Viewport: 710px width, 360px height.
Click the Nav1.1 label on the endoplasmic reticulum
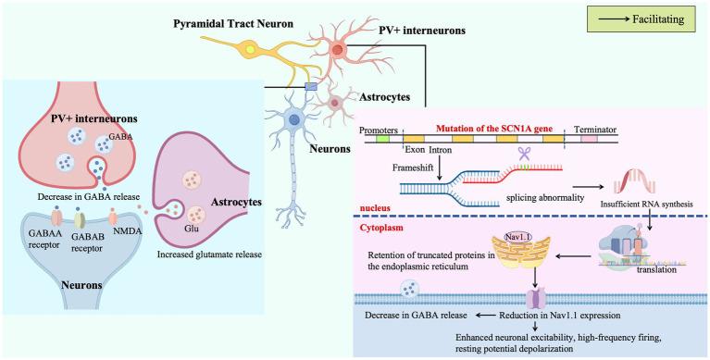click(x=524, y=239)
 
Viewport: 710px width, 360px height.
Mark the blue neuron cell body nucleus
click(x=294, y=118)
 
